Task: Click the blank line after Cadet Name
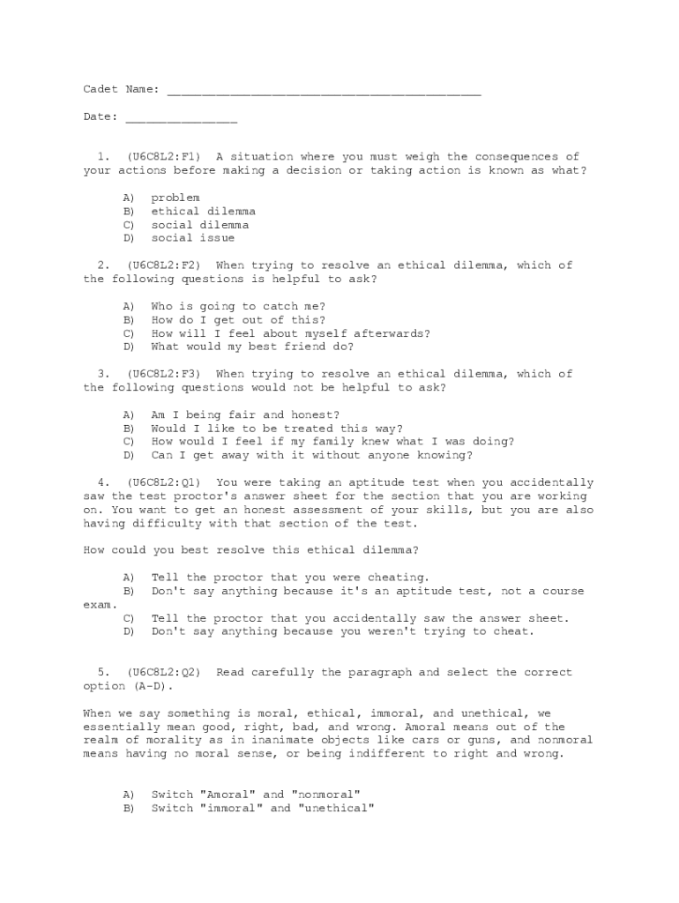(323, 91)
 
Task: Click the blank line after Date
(181, 118)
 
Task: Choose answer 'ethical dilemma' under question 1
(203, 212)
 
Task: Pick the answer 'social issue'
(192, 238)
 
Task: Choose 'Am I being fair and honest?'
(245, 414)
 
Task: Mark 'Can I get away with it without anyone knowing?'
(311, 456)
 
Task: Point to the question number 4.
(103, 483)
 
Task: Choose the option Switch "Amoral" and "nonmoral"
(256, 795)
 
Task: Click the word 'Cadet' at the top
(101, 90)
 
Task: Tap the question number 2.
(103, 265)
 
